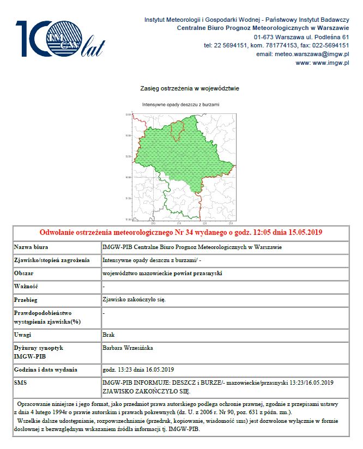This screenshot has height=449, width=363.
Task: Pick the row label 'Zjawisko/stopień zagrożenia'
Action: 51,260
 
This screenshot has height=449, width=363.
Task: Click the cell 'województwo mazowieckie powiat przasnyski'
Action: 162,274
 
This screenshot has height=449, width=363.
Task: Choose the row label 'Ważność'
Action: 27,287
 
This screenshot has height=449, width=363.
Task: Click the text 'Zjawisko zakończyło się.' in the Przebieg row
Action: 134,299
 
